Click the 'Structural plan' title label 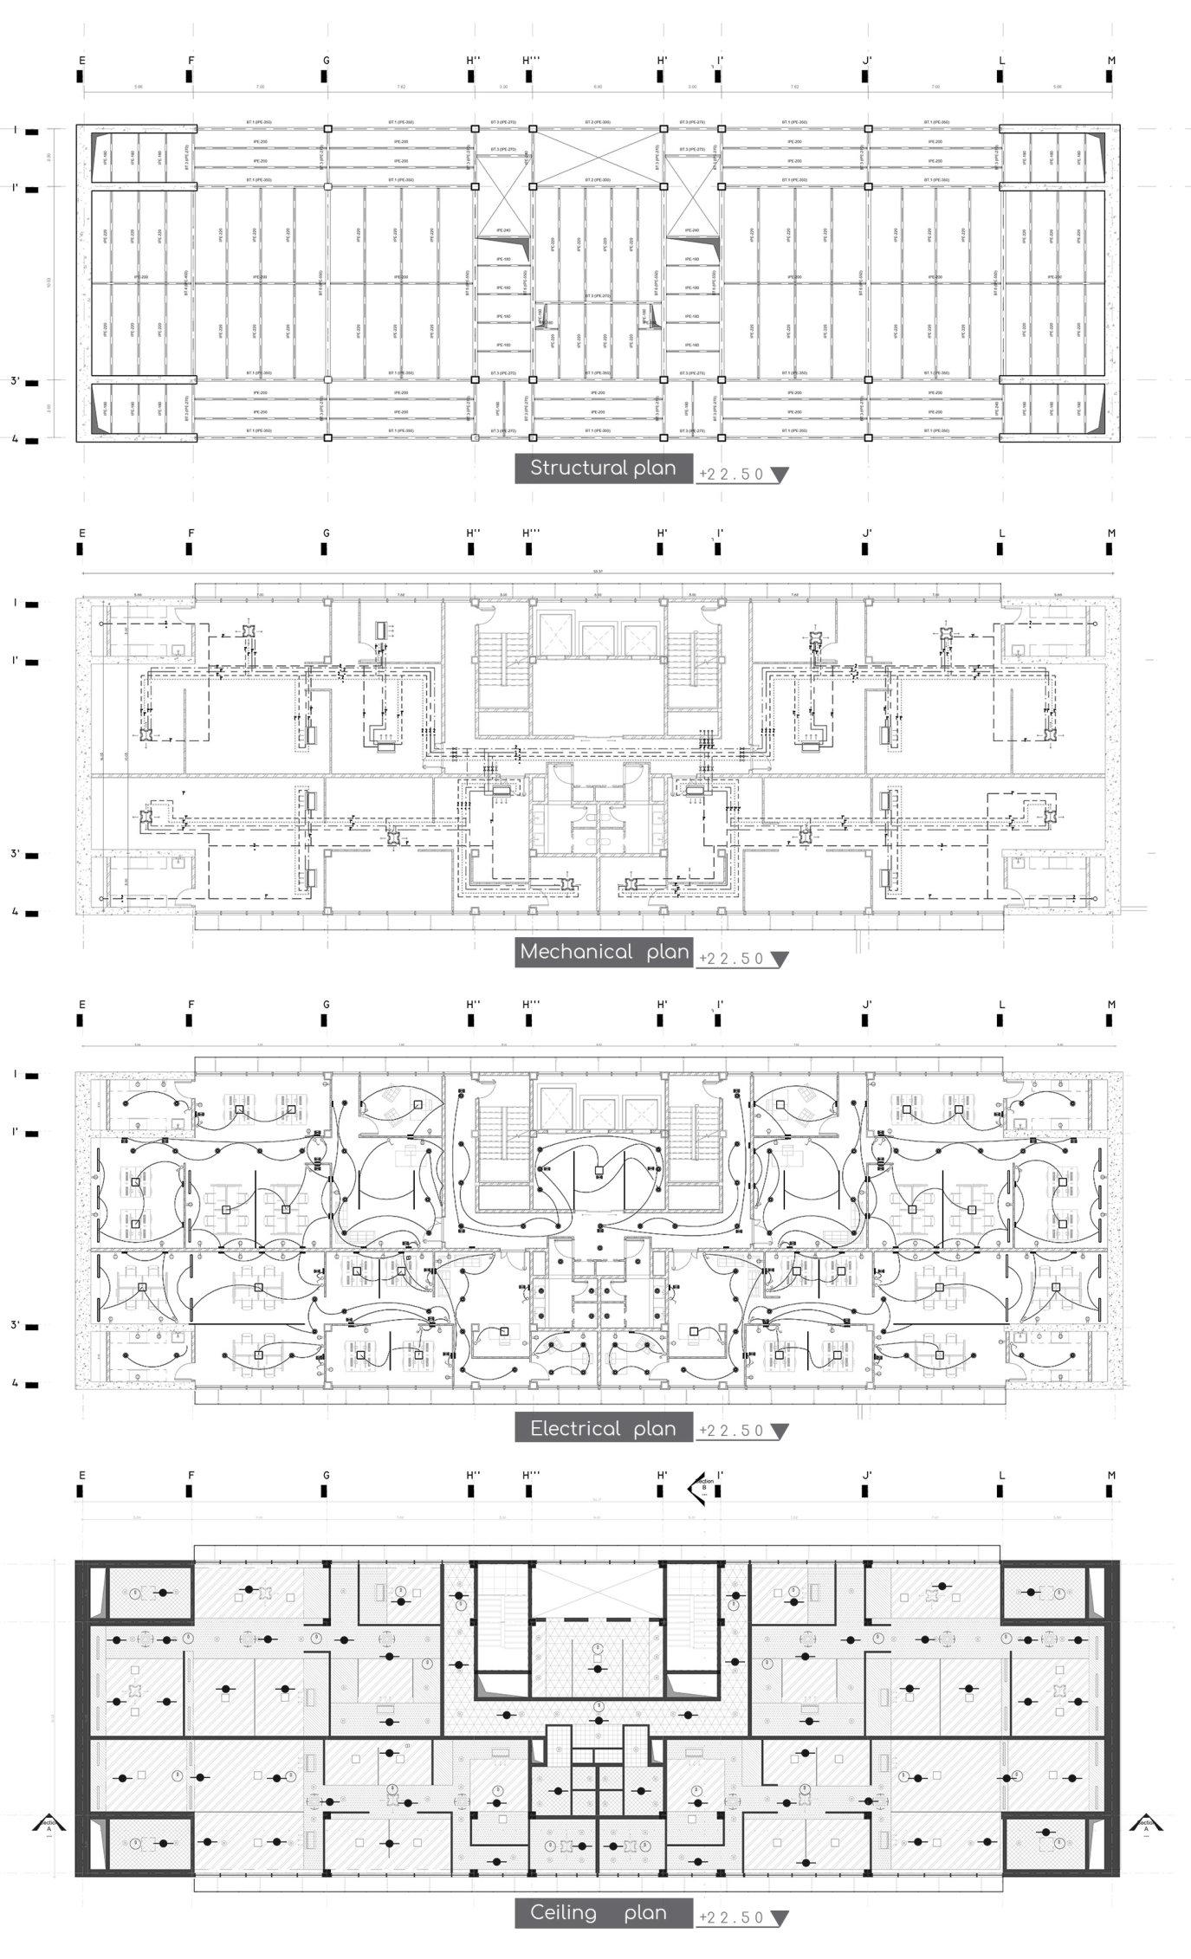pyautogui.click(x=603, y=469)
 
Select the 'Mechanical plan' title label pyautogui.click(x=603, y=953)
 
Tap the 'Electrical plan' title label pyautogui.click(x=603, y=1428)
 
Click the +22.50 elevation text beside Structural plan pyautogui.click(x=732, y=475)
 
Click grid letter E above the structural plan pyautogui.click(x=82, y=61)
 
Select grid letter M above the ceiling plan pyautogui.click(x=1111, y=1476)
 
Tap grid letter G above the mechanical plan pyautogui.click(x=326, y=533)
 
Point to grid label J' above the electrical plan pyautogui.click(x=866, y=1005)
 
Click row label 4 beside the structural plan pyautogui.click(x=15, y=439)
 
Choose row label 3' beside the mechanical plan pyautogui.click(x=15, y=854)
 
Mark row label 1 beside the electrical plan pyautogui.click(x=15, y=1075)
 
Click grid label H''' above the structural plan pyautogui.click(x=531, y=61)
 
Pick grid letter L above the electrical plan pyautogui.click(x=1001, y=1005)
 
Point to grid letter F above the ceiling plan pyautogui.click(x=191, y=1476)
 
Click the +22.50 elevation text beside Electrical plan pyautogui.click(x=732, y=1431)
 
